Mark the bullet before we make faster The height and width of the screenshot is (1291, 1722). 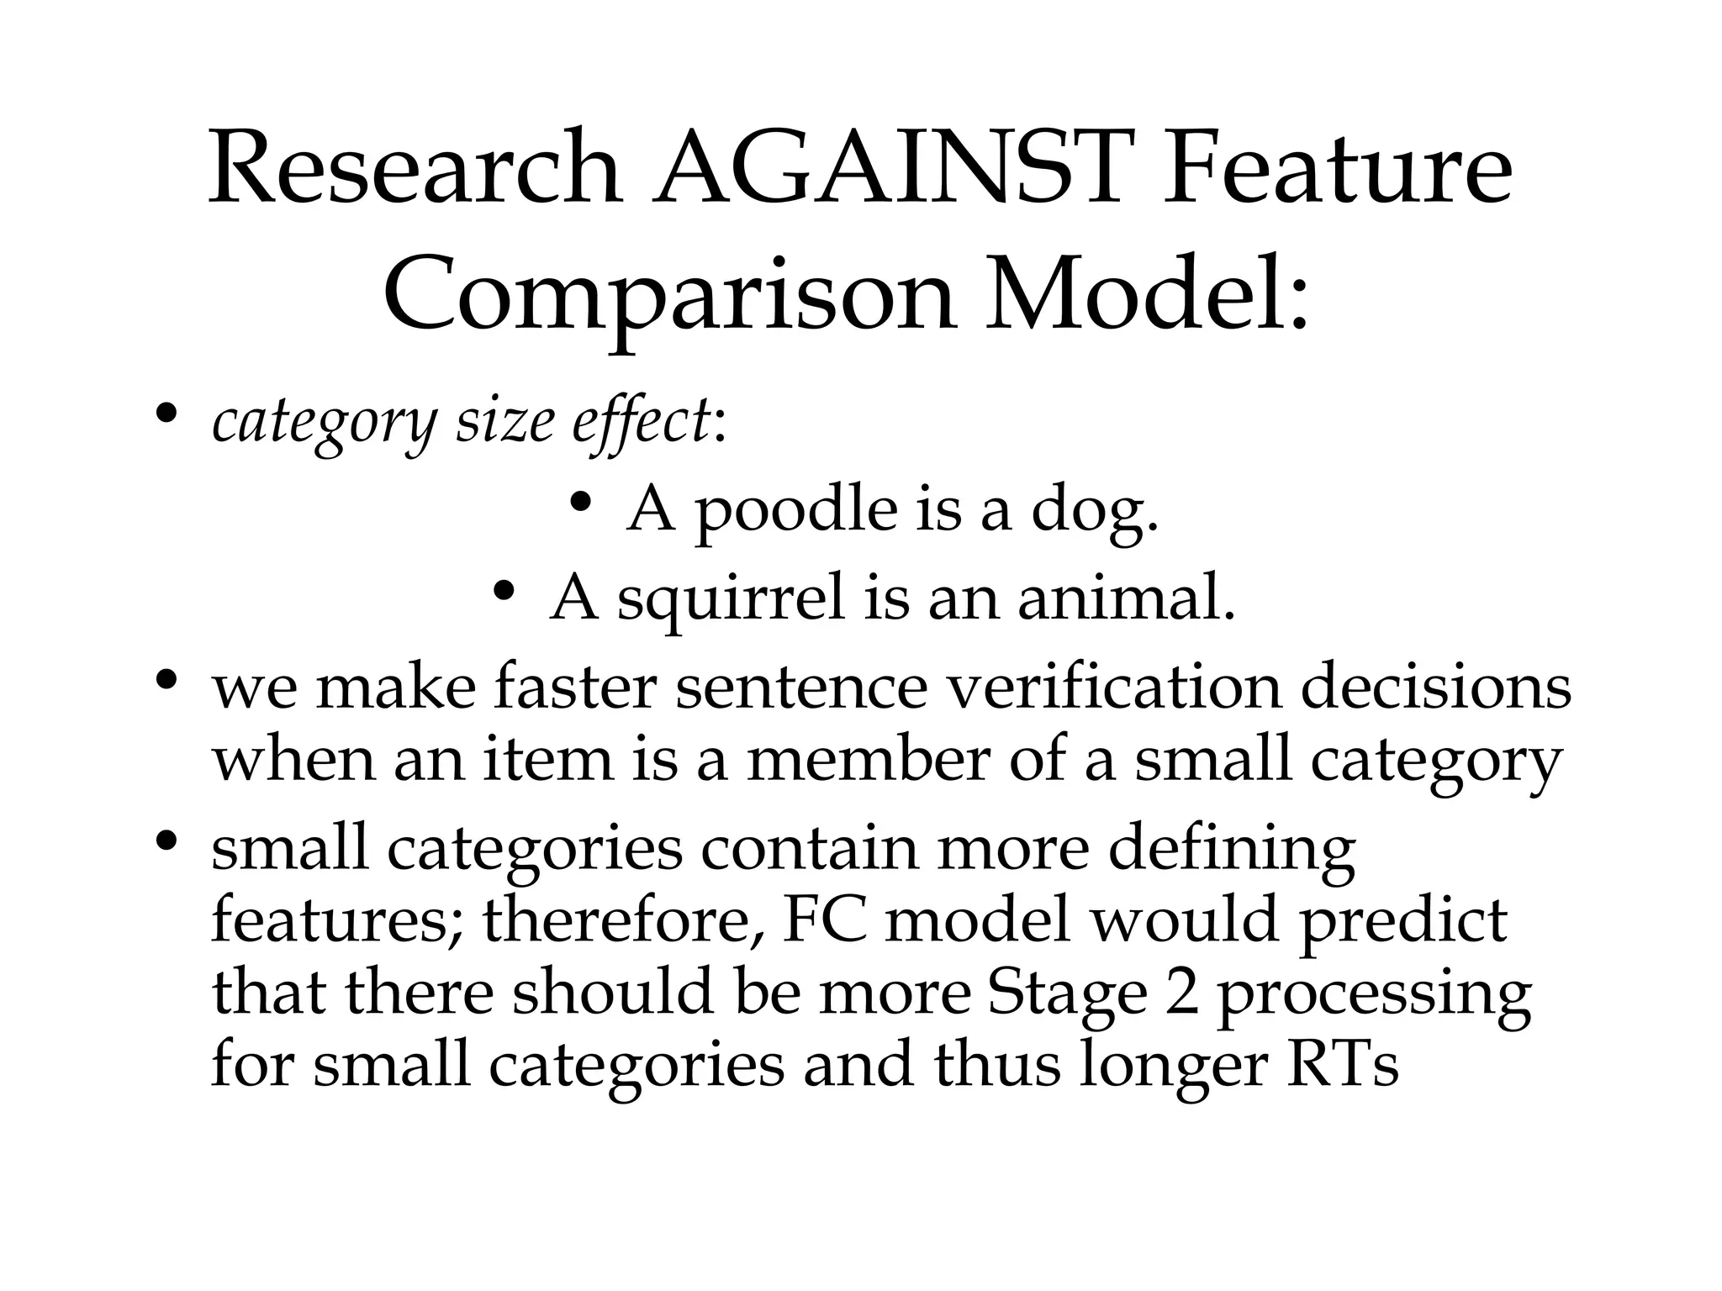click(166, 679)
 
